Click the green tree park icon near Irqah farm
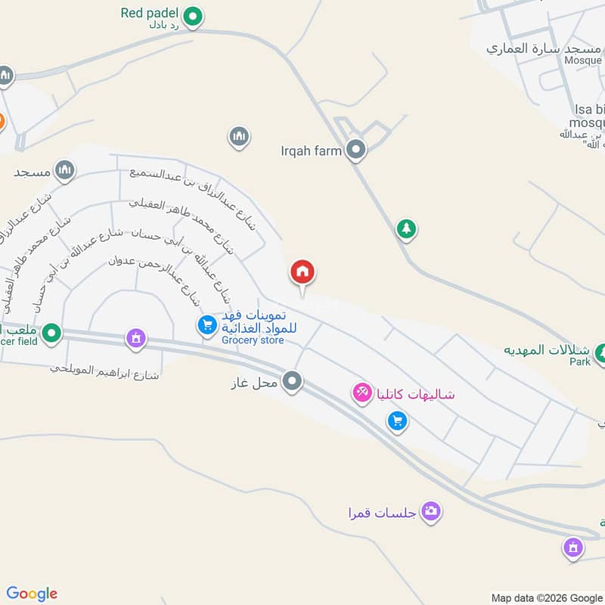(x=407, y=228)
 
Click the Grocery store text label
(x=253, y=340)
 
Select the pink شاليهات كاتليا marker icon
(x=362, y=392)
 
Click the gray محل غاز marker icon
(x=293, y=381)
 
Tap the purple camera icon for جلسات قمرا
(x=432, y=512)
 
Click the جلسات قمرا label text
(x=377, y=512)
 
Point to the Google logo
(x=32, y=594)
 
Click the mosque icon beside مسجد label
(x=65, y=171)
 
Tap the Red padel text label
(x=149, y=13)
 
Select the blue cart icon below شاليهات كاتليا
(x=397, y=422)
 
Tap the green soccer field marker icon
(x=51, y=332)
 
